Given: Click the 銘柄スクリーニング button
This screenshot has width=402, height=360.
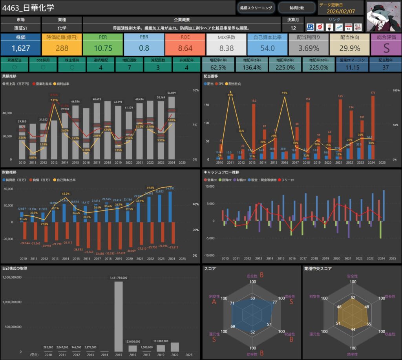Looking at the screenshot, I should click(x=256, y=7).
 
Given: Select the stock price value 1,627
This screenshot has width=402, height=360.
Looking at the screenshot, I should click(x=20, y=48).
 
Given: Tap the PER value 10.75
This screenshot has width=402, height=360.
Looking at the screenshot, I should click(x=103, y=48).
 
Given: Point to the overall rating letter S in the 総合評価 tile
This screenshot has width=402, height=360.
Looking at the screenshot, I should click(x=386, y=48).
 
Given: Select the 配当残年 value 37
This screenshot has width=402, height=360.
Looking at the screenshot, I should click(x=385, y=68).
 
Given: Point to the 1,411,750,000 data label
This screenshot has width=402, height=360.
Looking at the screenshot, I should click(x=118, y=278).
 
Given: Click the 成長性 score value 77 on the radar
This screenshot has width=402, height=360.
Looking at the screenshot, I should click(x=274, y=302).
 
